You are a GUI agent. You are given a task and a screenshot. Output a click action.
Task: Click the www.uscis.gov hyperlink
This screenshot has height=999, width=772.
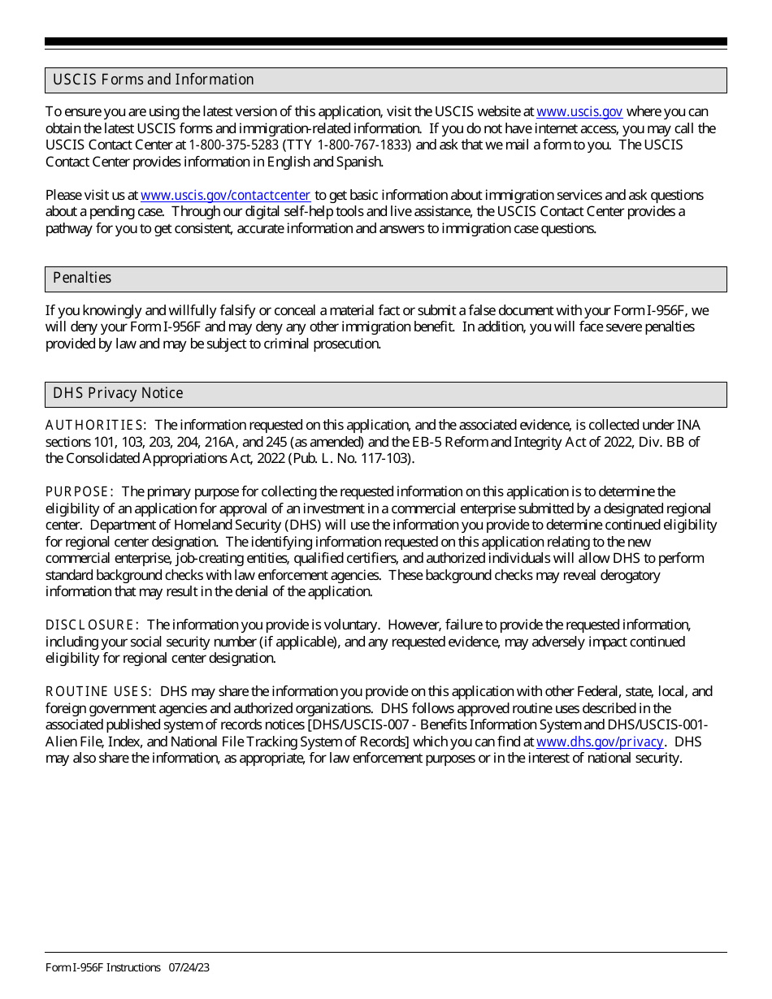tap(579, 112)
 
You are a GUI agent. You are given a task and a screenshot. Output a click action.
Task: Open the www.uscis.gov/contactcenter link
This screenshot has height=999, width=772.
tap(225, 195)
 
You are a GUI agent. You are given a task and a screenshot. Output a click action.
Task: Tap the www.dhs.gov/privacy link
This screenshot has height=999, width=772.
tap(600, 742)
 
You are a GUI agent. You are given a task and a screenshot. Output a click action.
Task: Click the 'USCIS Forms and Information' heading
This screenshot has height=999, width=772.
tap(154, 80)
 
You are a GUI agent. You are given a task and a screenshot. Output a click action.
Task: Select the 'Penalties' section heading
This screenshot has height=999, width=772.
tap(82, 278)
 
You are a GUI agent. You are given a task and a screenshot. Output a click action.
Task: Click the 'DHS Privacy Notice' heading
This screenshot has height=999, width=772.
tap(118, 393)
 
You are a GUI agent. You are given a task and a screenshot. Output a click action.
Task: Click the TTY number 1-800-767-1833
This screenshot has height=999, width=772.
tap(364, 145)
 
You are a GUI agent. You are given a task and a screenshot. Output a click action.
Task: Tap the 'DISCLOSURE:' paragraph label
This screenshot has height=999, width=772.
tap(92, 625)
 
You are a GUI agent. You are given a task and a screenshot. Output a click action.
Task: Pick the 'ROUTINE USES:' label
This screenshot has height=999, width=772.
tap(98, 692)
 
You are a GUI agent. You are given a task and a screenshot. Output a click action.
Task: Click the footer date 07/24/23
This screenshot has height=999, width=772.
tap(189, 967)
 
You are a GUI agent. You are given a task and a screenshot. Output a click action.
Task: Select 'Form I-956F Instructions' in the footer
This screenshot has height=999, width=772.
tap(103, 967)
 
